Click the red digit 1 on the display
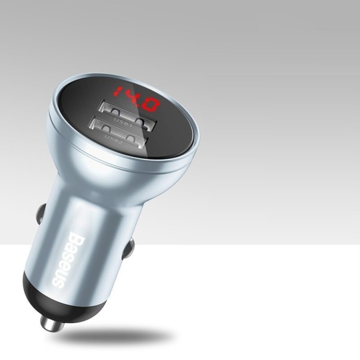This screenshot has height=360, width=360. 116,93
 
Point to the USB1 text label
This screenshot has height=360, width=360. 124,122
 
